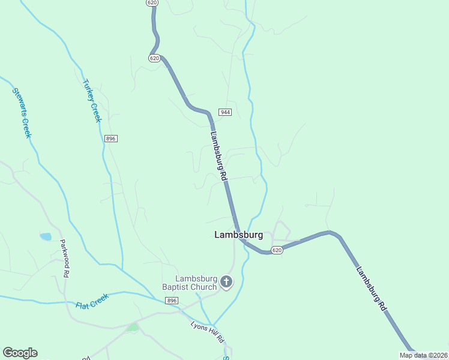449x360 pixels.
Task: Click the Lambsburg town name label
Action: tap(238, 235)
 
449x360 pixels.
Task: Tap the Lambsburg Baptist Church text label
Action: tap(195, 282)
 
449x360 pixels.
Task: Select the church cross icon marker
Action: tap(226, 282)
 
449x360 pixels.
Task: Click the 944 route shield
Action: tap(225, 112)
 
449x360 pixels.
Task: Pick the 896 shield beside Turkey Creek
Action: tap(110, 139)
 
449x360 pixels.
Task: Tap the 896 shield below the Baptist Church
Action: tap(172, 301)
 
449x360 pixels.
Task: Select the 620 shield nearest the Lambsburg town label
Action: tap(276, 250)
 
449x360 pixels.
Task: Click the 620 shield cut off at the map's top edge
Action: tap(152, 3)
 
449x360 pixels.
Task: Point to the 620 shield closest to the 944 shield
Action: tap(154, 58)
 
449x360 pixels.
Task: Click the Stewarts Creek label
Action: tap(22, 113)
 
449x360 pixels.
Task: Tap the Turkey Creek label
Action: tap(92, 101)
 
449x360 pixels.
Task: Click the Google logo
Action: tap(20, 353)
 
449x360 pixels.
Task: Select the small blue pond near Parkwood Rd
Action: tap(46, 236)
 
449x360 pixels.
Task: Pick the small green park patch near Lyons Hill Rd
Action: tap(132, 327)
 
